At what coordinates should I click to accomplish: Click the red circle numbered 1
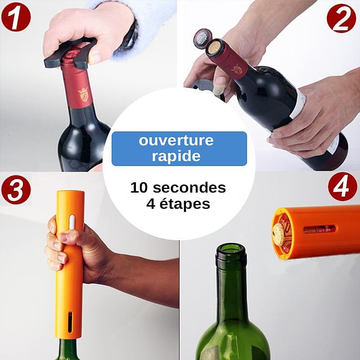16,17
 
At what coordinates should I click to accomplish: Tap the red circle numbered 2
342,18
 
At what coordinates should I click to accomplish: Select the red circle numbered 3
16,190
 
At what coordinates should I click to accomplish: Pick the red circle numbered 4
342,187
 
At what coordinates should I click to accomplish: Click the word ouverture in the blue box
176,140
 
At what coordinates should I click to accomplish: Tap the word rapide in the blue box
176,156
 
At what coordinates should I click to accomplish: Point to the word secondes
189,188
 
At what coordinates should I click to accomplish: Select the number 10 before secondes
139,188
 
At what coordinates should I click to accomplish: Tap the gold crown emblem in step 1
83,94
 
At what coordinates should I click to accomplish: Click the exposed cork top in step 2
215,47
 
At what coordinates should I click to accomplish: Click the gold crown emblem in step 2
237,69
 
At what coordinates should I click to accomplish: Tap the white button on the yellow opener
72,222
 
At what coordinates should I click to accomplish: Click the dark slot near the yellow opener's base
70,322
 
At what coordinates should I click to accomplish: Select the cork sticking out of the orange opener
280,234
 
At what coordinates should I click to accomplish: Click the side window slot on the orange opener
319,229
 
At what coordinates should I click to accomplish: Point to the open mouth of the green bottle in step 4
231,249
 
